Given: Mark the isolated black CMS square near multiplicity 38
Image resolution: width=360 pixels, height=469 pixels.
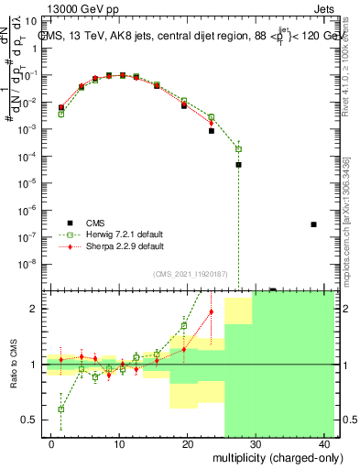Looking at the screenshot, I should (x=313, y=224).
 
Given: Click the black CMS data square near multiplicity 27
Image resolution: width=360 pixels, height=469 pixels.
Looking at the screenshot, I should (x=238, y=165).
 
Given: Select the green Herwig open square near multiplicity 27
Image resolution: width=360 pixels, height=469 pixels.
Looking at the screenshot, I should (x=238, y=148).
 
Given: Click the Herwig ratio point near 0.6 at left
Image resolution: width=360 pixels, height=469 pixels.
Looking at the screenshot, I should (x=61, y=409).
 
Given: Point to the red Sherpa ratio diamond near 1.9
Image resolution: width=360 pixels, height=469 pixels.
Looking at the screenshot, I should (x=212, y=311).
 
